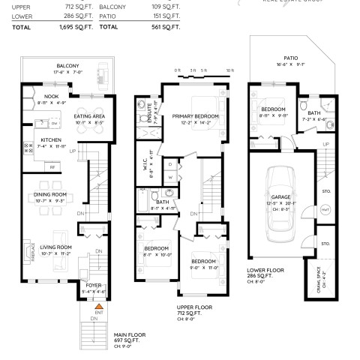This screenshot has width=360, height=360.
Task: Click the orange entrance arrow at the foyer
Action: point(97,307)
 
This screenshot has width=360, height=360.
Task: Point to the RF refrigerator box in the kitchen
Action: point(52,166)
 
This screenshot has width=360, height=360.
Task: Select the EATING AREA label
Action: point(89,116)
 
